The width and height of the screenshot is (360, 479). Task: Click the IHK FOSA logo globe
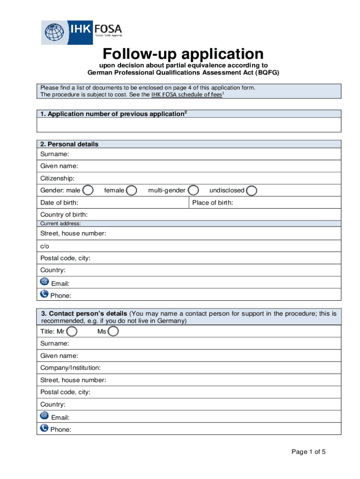click(x=54, y=33)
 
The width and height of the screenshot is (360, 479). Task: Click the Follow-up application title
click(x=183, y=53)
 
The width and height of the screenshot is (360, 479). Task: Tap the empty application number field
click(x=189, y=125)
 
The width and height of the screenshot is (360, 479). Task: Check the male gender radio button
click(x=87, y=190)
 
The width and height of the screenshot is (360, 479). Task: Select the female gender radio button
click(x=132, y=190)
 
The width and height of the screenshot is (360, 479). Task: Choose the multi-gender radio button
click(x=194, y=190)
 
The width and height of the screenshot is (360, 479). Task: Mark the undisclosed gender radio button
click(x=252, y=190)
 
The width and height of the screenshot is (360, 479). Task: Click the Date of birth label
click(x=59, y=203)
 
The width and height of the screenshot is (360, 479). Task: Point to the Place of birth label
click(x=213, y=203)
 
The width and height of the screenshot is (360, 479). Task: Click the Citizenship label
click(x=58, y=178)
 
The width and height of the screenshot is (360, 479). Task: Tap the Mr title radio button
click(x=72, y=332)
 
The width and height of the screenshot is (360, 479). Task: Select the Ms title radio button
click(x=113, y=332)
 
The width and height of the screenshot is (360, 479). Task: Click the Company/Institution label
click(x=71, y=368)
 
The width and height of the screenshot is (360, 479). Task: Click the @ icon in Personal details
click(x=44, y=282)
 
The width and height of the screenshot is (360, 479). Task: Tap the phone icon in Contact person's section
click(x=44, y=428)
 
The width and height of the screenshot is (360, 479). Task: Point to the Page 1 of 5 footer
click(x=309, y=452)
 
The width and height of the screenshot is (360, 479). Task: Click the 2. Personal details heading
click(x=69, y=144)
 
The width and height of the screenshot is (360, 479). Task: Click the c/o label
click(x=45, y=246)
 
